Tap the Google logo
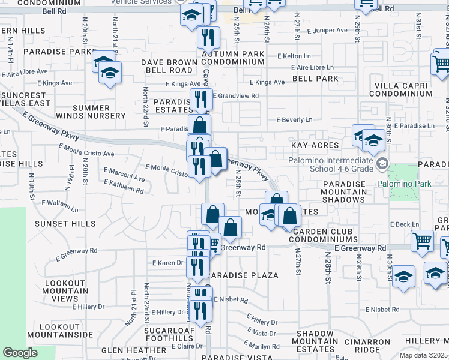pos(20,353)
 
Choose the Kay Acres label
pos(315,146)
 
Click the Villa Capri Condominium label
pos(403,89)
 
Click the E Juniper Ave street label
pos(327,30)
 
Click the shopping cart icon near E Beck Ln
pos(422,241)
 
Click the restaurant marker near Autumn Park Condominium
pos(208,38)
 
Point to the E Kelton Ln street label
pos(293,56)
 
